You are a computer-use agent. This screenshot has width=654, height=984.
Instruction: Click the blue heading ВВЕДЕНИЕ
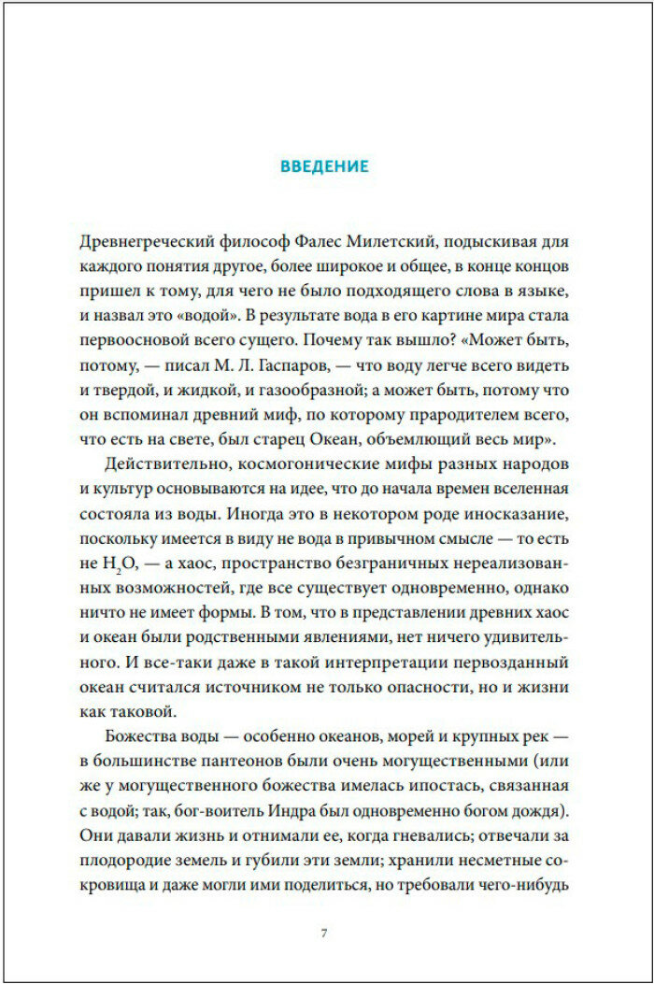tap(325, 167)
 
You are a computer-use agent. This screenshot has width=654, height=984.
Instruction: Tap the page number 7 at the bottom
tap(323, 934)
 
